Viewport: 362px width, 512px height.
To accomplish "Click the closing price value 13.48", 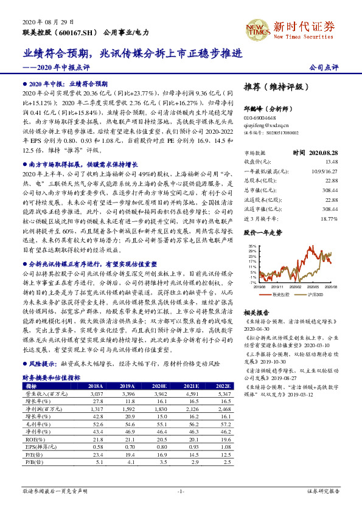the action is pos(332,162).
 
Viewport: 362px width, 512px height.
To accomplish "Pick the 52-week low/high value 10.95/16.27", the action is pos(324,171).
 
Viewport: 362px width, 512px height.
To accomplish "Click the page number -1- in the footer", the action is pos(181,490).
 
